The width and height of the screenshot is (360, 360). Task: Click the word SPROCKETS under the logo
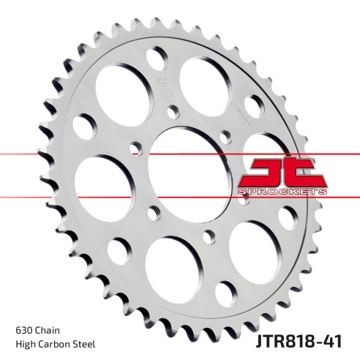coord(282,191)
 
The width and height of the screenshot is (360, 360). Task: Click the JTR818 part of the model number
coord(286,341)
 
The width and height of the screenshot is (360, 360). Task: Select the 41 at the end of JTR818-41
coord(331,341)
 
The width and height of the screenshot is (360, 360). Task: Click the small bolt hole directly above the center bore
coord(173,111)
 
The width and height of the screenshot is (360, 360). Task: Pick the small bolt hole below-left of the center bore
coord(153,212)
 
